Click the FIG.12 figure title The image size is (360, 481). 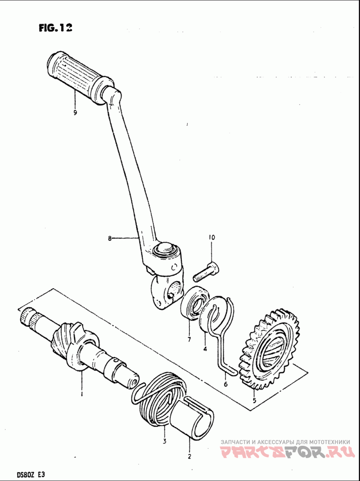click(x=55, y=28)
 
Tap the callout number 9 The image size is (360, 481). click(x=75, y=113)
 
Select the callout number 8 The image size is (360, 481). click(x=109, y=239)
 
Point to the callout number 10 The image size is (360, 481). click(x=211, y=237)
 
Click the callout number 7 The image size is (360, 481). click(x=189, y=339)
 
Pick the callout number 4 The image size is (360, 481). click(x=205, y=348)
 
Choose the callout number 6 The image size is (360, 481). click(x=225, y=384)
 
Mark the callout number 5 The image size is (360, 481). click(x=254, y=400)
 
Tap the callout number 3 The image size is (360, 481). click(x=165, y=441)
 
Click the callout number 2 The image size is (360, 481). click(x=189, y=456)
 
